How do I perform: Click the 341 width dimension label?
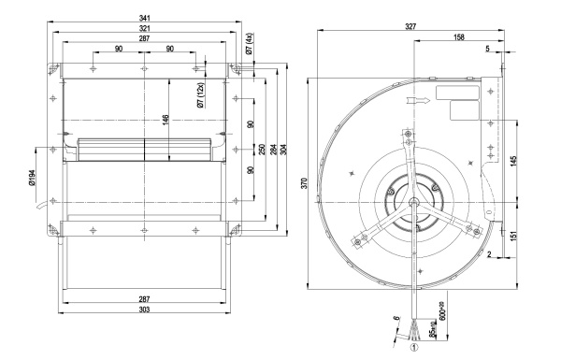coord(144,18)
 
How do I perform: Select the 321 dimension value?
coord(144,28)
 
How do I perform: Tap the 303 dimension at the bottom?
coord(144,310)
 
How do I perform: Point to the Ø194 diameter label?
coord(32,178)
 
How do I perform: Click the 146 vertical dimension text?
coord(165,121)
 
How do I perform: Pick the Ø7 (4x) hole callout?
coord(250,43)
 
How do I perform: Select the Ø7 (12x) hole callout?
coord(201,95)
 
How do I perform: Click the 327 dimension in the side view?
coord(410,26)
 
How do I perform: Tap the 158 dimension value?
coord(459,36)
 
